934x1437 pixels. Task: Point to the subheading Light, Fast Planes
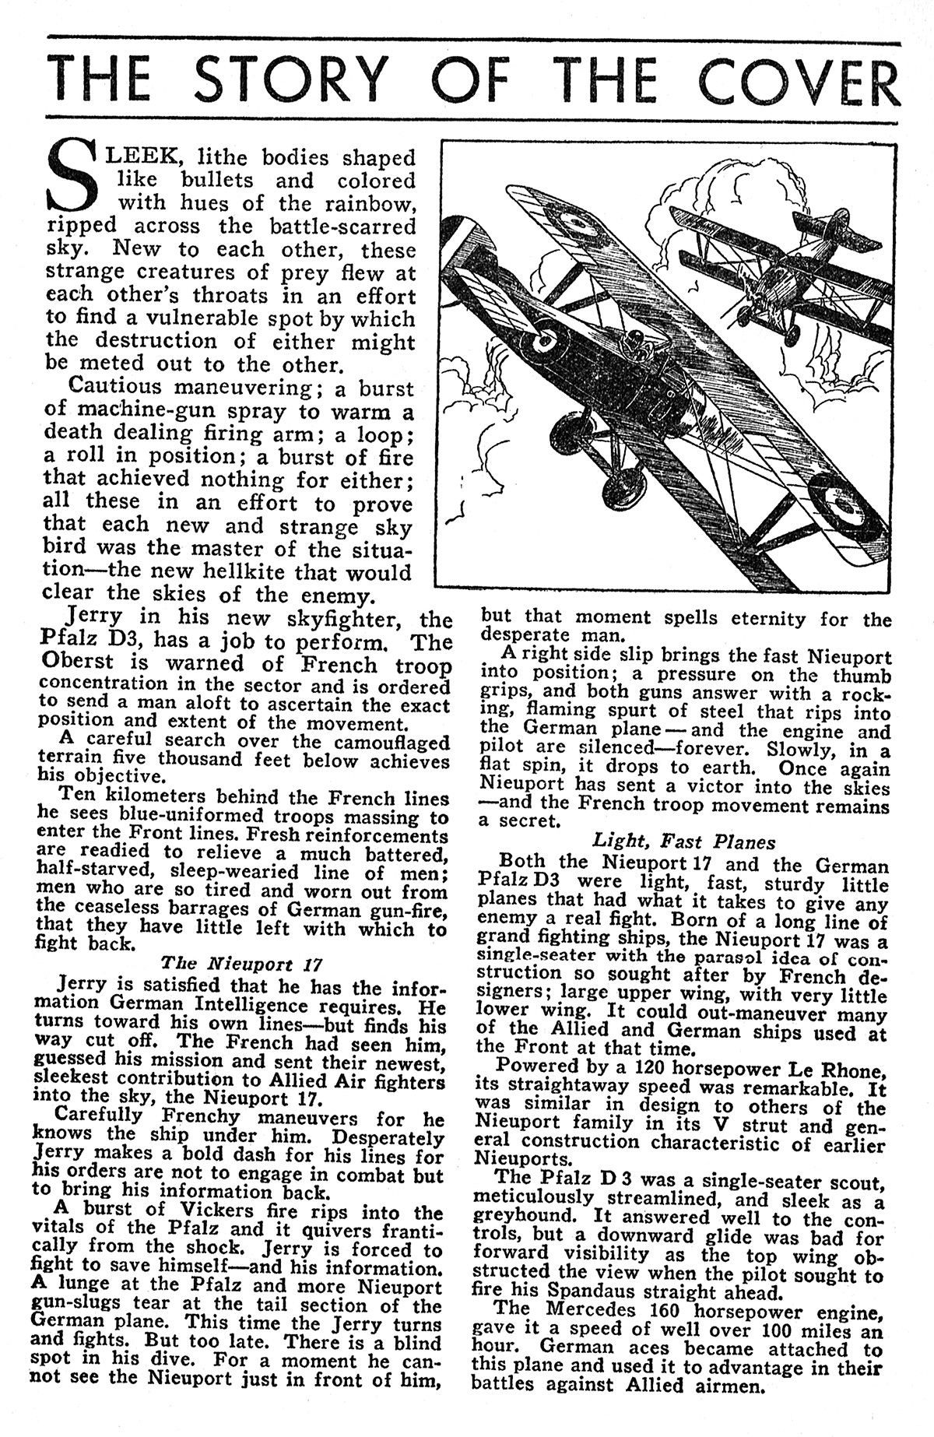(x=684, y=841)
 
